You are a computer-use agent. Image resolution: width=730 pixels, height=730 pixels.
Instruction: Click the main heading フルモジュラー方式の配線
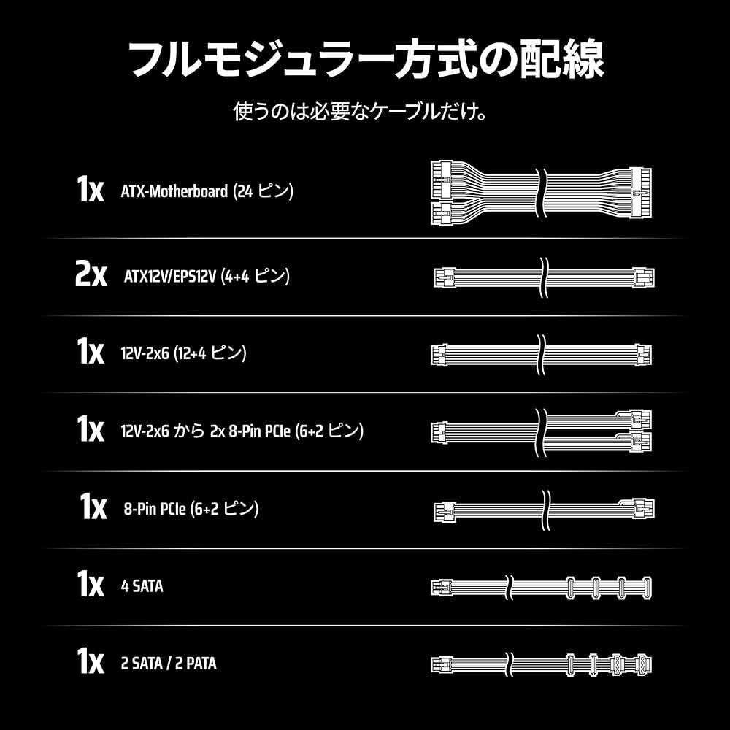[x=365, y=60]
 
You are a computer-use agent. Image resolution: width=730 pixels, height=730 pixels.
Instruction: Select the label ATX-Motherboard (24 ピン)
[x=207, y=192]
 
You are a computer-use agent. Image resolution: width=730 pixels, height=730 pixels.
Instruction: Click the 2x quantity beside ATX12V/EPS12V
[x=91, y=277]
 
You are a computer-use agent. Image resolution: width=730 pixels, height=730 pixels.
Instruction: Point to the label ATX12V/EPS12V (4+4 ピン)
[x=207, y=277]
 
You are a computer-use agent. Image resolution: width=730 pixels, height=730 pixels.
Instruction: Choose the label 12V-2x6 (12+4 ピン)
[x=183, y=353]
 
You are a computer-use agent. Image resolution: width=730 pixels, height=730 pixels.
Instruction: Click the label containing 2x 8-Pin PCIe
[x=242, y=431]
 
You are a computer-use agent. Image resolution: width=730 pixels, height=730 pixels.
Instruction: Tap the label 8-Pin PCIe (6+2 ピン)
[x=191, y=508]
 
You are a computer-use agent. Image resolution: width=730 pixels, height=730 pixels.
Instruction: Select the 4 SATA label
[x=142, y=585]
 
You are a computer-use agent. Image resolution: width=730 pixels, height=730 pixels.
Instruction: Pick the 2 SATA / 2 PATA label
[x=169, y=664]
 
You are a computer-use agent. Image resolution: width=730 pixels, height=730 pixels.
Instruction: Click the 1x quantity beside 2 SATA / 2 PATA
[x=91, y=662]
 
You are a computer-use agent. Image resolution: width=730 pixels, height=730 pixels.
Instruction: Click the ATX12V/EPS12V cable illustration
[x=544, y=277]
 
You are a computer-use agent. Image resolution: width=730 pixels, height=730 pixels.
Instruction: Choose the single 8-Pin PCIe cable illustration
[x=544, y=508]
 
